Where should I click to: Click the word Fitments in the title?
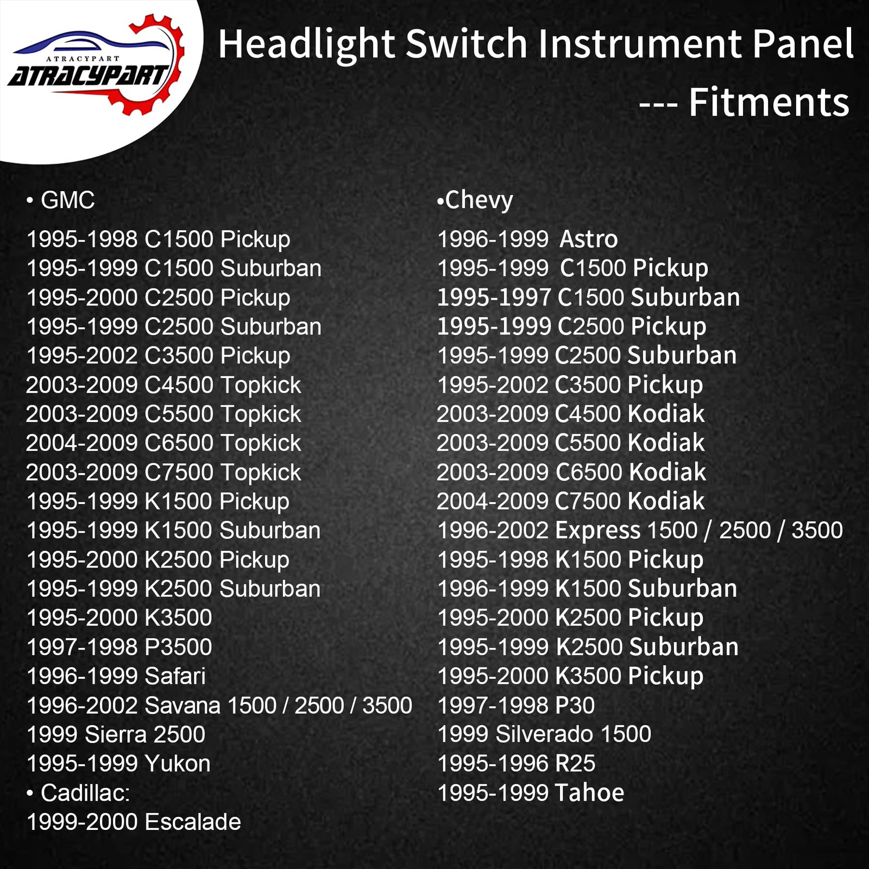(x=769, y=103)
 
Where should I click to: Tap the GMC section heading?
(x=67, y=200)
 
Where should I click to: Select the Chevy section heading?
(x=478, y=200)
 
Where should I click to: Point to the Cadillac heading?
(x=85, y=793)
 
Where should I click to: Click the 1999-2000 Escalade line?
(x=134, y=822)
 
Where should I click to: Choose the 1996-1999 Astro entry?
(x=527, y=239)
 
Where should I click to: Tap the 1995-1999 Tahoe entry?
(x=531, y=793)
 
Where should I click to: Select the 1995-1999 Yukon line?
(x=118, y=764)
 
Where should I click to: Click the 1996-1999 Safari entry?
(x=116, y=676)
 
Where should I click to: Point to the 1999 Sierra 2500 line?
(x=116, y=734)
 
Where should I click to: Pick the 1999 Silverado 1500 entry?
(x=544, y=734)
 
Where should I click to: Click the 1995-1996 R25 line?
(x=516, y=764)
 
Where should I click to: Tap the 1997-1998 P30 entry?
(x=516, y=706)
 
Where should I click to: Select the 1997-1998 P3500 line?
(x=119, y=647)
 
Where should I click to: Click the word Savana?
(x=181, y=706)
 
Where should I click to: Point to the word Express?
(x=597, y=531)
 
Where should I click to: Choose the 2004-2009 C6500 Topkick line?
(x=163, y=443)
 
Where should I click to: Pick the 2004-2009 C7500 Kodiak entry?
(x=570, y=501)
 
